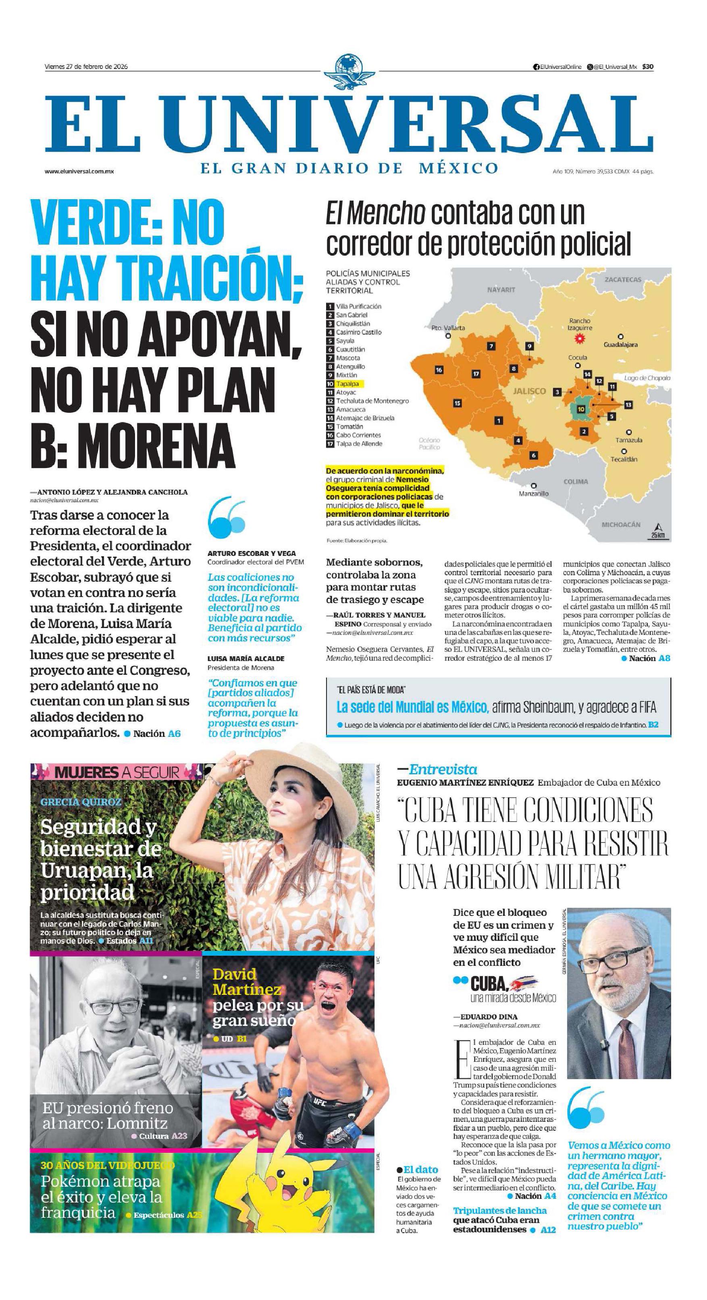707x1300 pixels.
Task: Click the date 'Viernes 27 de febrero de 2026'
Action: pos(86,67)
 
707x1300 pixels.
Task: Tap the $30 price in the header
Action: pos(648,67)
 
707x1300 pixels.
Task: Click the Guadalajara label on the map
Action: pos(620,345)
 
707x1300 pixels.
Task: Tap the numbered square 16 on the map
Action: pos(439,370)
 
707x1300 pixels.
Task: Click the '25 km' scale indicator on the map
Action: pos(657,535)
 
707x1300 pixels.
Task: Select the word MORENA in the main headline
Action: pos(156,445)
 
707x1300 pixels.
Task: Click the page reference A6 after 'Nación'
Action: pos(174,734)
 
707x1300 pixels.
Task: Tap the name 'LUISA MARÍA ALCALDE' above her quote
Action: pos(246,659)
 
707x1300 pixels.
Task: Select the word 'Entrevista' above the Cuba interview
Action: pos(443,769)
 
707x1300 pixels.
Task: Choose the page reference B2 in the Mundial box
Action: pos(653,725)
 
